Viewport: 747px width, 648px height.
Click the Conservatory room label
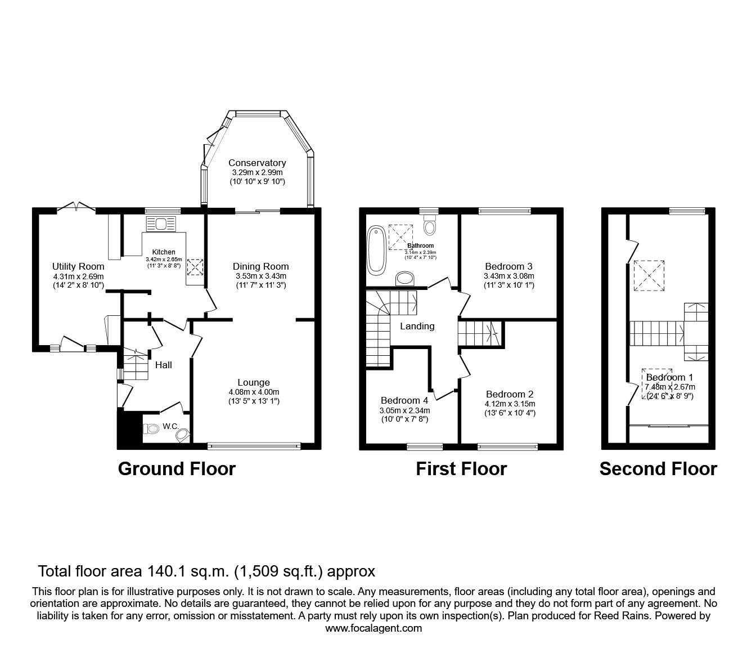pos(256,163)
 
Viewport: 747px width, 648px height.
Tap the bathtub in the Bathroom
pos(375,249)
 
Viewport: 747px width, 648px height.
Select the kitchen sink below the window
pos(161,224)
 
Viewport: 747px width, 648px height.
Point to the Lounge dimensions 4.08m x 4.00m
pos(254,392)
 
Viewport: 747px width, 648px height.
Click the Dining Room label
pos(260,266)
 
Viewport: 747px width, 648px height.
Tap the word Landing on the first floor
pos(417,326)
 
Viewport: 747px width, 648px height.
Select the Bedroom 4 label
pos(404,400)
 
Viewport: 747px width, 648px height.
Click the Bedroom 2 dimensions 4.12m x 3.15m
pos(510,404)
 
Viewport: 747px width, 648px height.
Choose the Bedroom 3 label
pos(508,266)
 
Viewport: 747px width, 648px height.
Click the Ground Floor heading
pos(177,469)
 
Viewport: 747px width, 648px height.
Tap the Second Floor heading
pos(658,469)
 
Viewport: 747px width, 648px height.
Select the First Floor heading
pos(461,469)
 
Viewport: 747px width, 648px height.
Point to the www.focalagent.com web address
pos(373,628)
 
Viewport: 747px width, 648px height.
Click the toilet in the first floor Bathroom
pos(430,226)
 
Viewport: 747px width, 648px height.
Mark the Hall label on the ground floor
pos(164,365)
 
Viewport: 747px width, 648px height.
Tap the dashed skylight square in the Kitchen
pos(195,267)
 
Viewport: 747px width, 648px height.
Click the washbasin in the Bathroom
pos(405,278)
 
